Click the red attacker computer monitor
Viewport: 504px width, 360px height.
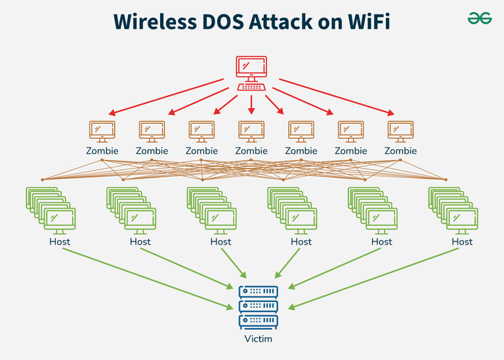(251, 68)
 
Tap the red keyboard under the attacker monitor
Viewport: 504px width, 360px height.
(251, 87)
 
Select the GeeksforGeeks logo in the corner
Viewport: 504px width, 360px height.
(480, 19)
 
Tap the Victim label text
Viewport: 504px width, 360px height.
(259, 339)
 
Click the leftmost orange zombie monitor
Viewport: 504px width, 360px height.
(102, 130)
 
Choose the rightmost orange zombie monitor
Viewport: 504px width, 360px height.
(400, 130)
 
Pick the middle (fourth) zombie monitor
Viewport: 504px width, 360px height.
(251, 130)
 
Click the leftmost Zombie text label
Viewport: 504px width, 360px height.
(102, 151)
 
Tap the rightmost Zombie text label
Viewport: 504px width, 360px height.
(400, 151)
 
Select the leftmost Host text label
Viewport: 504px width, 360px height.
(60, 241)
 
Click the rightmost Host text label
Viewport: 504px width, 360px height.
(462, 241)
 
